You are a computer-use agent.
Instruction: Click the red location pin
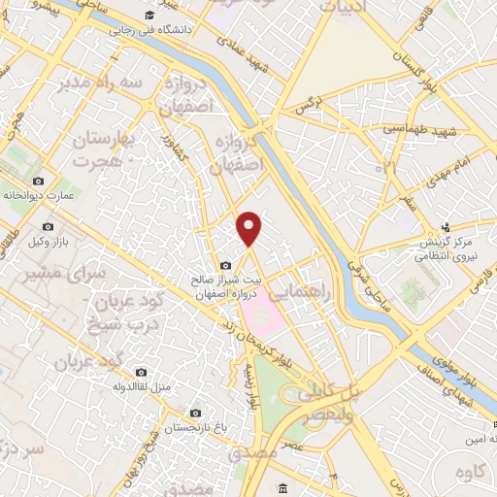pyautogui.click(x=250, y=228)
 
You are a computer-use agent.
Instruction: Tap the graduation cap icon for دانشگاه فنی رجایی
pyautogui.click(x=148, y=17)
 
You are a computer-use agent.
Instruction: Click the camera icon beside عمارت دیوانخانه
pyautogui.click(x=38, y=182)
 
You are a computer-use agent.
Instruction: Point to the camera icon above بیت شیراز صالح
pyautogui.click(x=226, y=266)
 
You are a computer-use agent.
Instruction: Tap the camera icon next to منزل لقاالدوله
pyautogui.click(x=141, y=373)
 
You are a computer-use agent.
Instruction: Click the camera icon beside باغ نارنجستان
pyautogui.click(x=196, y=413)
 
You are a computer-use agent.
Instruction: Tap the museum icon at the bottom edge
pyautogui.click(x=282, y=487)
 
